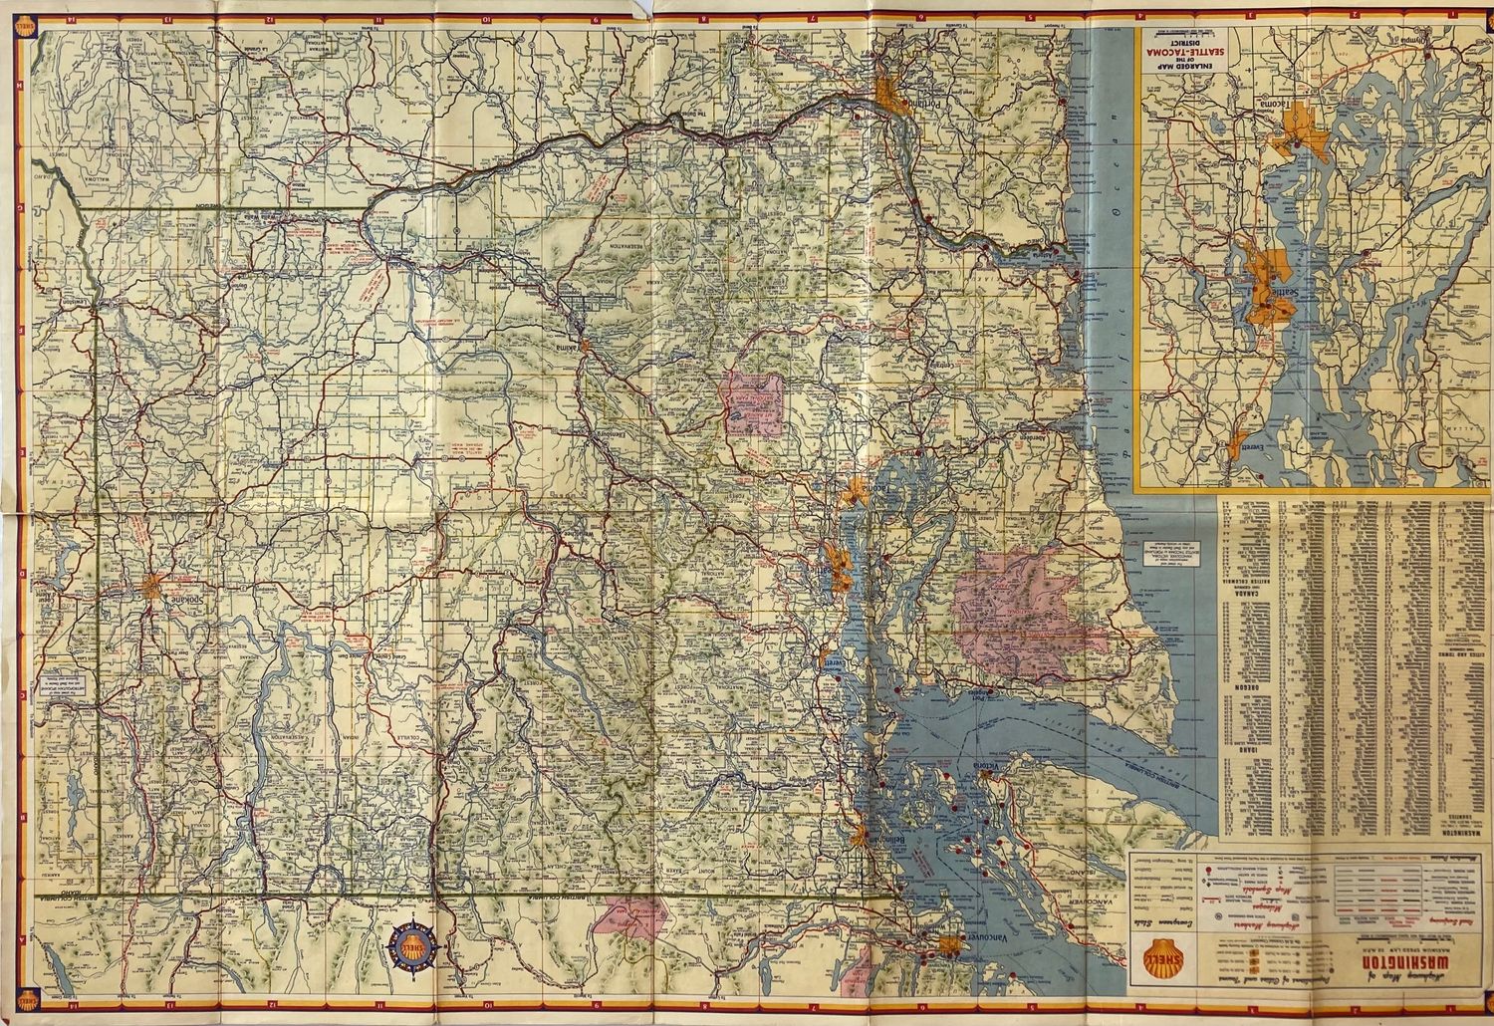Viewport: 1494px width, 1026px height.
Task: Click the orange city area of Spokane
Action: pos(153,584)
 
